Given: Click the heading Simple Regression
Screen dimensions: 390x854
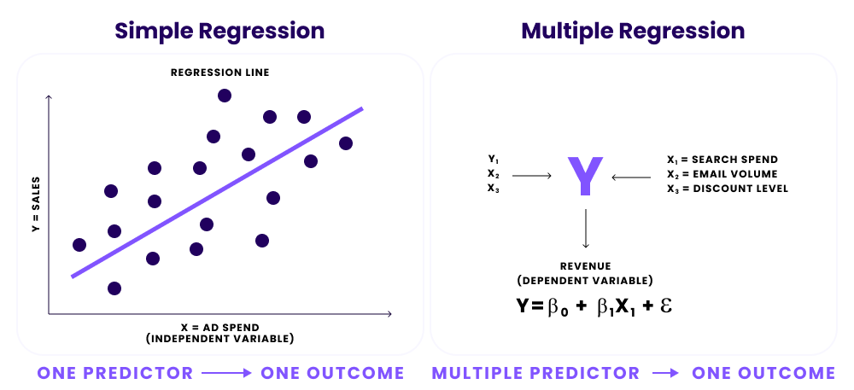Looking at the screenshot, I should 219,32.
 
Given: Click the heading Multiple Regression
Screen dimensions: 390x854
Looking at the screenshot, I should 633,32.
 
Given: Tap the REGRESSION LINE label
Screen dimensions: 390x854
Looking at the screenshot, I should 219,73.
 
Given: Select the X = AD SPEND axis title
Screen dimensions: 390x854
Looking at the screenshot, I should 219,327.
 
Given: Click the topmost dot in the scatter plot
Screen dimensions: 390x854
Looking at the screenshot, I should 225,96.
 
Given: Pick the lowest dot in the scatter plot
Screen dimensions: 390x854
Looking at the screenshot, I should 114,288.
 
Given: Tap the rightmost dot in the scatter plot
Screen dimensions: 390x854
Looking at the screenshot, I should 346,143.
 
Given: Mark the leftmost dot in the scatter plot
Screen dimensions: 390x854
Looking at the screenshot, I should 79,245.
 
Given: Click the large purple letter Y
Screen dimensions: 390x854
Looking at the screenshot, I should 585,177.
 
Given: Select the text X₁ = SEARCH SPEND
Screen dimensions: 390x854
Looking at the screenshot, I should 722,160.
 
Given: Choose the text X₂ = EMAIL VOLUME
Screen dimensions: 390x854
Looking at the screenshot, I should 722,174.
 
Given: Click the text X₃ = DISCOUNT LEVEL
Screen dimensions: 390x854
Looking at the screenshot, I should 728,189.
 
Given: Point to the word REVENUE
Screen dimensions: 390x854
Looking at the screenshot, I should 585,266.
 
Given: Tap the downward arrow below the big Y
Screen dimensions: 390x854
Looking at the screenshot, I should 585,229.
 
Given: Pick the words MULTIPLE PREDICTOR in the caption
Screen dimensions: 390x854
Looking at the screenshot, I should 535,373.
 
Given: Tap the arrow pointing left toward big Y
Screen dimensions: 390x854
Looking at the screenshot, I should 633,177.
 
